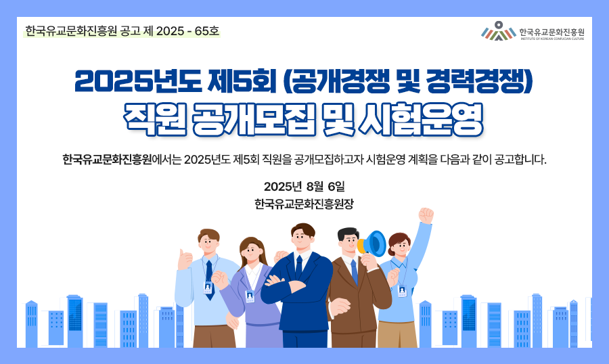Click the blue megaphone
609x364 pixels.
click(x=372, y=244)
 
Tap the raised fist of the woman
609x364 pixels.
click(x=426, y=216)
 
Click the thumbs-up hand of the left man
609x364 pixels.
click(x=185, y=258)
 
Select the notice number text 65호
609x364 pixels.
click(x=207, y=31)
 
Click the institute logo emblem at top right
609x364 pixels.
click(x=498, y=31)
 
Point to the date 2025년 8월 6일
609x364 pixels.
click(x=304, y=187)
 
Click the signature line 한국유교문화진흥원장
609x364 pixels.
click(x=304, y=204)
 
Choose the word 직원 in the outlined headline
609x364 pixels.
click(x=154, y=119)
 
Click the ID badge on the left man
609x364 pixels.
click(x=208, y=288)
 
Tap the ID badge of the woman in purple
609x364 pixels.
click(x=250, y=296)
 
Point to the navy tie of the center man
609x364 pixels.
click(x=298, y=267)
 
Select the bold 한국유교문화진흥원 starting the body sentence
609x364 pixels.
click(x=107, y=160)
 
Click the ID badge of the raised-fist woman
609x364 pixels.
click(x=401, y=291)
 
